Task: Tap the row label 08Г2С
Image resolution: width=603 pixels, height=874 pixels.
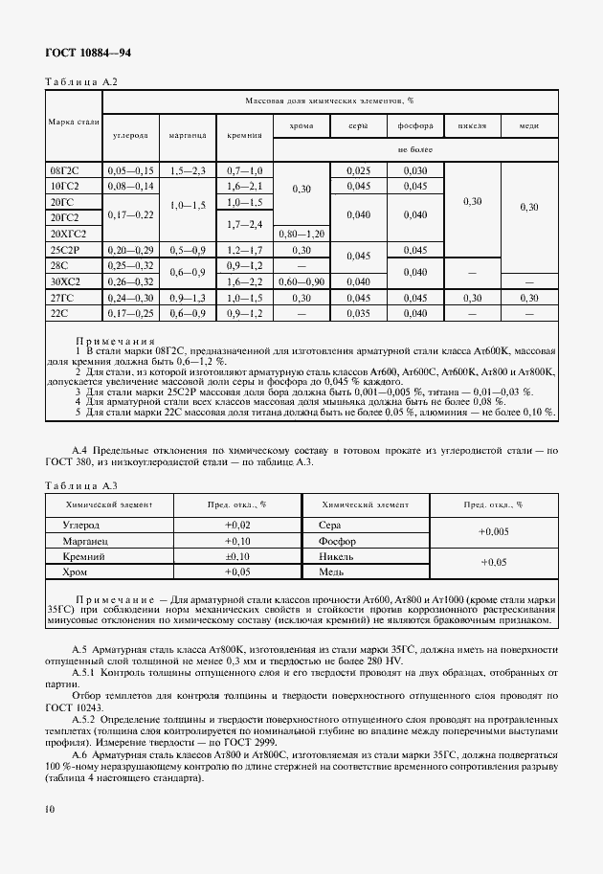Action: point(64,170)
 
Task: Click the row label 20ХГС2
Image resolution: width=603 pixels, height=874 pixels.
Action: point(68,234)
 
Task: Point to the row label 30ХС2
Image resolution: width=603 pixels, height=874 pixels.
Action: point(66,281)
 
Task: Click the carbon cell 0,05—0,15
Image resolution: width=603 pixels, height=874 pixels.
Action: point(131,170)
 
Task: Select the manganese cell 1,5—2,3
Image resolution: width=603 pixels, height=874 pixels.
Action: point(188,170)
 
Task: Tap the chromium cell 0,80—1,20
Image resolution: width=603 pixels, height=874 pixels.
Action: point(301,234)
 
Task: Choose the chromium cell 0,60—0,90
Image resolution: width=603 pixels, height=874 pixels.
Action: point(301,281)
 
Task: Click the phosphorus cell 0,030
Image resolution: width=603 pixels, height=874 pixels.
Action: point(415,170)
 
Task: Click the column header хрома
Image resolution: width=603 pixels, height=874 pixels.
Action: point(301,126)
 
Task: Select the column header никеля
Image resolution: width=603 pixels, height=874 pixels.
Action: point(473,126)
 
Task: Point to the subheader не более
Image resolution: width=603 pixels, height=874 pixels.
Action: point(415,149)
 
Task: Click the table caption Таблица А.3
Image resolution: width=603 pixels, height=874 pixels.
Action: point(81,486)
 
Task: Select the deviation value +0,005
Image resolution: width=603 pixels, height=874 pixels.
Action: point(493,532)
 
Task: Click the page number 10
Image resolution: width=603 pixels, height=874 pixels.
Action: point(49,810)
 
